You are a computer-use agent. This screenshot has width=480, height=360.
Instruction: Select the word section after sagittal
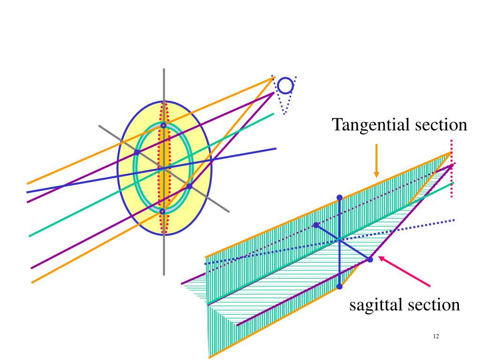point(433,305)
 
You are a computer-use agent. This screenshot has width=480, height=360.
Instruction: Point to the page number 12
point(436,337)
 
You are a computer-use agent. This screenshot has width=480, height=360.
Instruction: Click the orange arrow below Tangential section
point(376,161)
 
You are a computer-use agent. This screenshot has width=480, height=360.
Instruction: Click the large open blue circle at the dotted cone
point(285,85)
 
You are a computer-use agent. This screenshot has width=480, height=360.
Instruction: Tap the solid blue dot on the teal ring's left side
point(136,152)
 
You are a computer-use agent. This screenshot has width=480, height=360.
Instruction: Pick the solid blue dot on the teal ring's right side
point(189,187)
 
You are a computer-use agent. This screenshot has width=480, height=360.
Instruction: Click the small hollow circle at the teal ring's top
point(163,126)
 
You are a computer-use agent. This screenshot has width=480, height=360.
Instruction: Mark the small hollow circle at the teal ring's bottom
point(162,212)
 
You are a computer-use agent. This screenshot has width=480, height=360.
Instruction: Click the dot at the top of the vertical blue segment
point(339,197)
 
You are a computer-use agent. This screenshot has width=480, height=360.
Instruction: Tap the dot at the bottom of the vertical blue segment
point(339,286)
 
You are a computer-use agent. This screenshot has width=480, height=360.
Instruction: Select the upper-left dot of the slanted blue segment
point(316,225)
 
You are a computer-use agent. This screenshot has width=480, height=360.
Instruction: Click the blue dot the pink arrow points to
point(369,259)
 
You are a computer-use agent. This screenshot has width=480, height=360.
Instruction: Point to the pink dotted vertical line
point(451,183)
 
